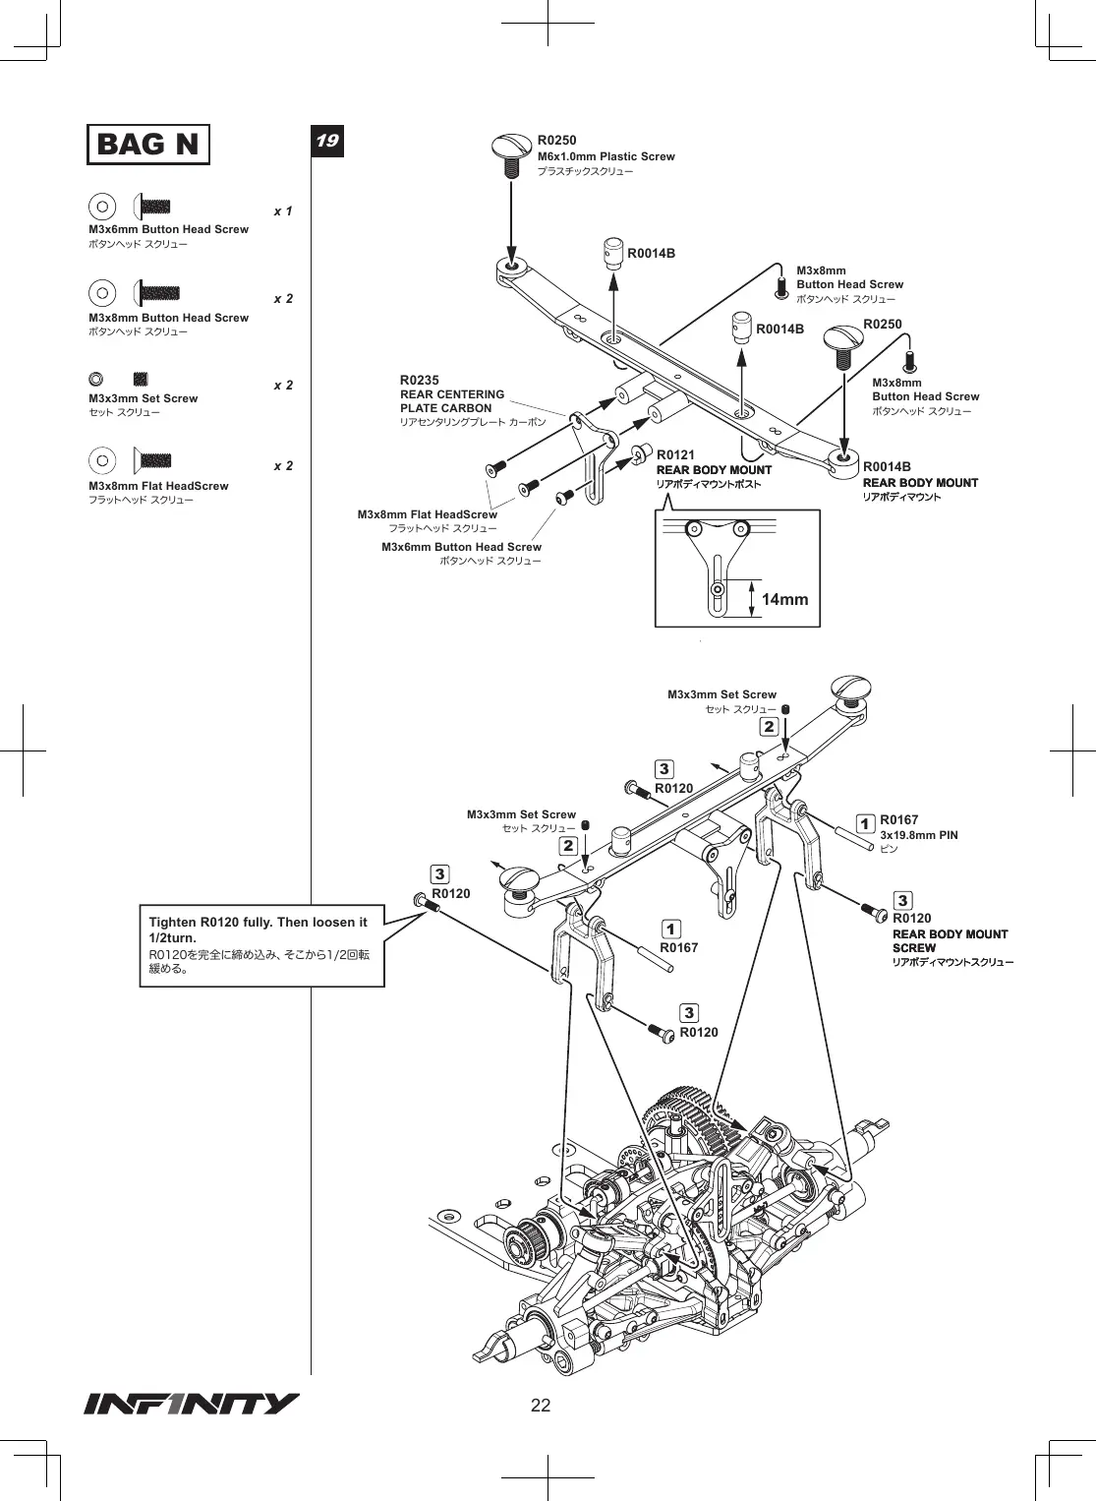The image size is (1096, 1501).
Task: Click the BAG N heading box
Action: coord(148,144)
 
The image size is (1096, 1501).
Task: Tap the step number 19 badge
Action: coord(327,141)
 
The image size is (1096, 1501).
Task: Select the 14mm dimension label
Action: coord(784,599)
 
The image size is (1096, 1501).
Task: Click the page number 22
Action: coord(541,1406)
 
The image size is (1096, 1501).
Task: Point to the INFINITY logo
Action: coord(192,1404)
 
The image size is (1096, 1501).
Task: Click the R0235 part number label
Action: coord(419,380)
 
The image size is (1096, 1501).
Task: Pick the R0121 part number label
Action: coord(675,455)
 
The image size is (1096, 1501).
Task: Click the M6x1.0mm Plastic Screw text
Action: coord(606,156)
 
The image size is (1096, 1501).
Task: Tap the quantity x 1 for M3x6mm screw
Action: coord(283,211)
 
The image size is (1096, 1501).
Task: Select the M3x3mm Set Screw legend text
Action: coord(144,398)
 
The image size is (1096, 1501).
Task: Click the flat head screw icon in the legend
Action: coord(152,460)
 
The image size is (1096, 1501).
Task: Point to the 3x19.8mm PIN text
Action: coord(919,835)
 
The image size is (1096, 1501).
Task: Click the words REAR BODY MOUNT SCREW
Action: coord(951,940)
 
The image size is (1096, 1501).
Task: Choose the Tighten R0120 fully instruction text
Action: coord(258,930)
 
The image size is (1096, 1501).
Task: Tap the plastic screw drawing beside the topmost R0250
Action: coord(511,154)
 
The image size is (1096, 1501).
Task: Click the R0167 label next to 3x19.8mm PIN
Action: coord(899,819)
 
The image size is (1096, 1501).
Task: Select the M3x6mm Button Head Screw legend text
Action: coord(169,229)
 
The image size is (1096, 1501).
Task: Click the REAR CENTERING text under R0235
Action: coord(452,394)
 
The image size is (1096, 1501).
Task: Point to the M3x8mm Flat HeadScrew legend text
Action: coord(158,486)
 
